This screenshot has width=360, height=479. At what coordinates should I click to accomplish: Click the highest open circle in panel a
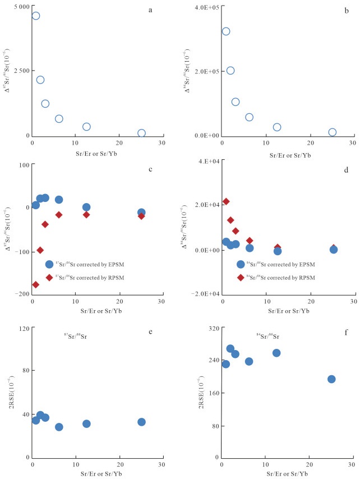(35, 16)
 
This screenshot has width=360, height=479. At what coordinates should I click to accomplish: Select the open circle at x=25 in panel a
(141, 133)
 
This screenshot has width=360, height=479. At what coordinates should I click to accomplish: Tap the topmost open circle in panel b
(226, 31)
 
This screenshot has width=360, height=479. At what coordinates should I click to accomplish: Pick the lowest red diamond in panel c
(35, 284)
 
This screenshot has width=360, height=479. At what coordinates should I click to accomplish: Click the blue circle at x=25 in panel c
(141, 213)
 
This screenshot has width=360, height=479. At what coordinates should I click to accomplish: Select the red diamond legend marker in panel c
(49, 277)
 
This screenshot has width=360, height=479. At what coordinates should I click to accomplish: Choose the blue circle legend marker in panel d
(241, 264)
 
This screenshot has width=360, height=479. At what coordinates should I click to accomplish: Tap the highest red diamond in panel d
(226, 201)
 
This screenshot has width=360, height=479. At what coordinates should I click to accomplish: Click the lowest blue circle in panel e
(59, 427)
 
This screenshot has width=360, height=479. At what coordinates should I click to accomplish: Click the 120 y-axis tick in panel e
(22, 329)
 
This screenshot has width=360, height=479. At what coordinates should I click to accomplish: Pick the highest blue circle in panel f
(230, 348)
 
